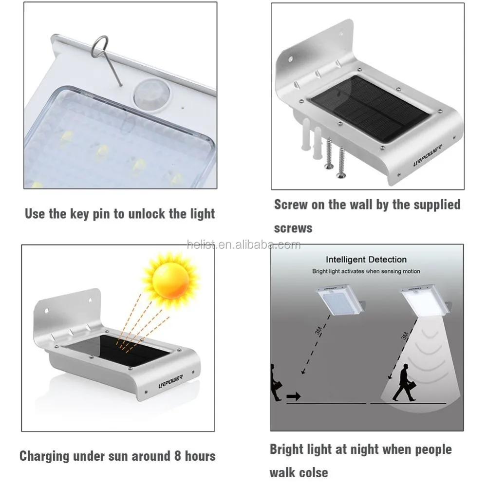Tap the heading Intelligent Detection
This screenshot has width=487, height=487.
pyautogui.click(x=366, y=260)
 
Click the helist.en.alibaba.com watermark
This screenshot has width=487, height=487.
pyautogui.click(x=243, y=244)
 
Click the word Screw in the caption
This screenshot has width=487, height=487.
pyautogui.click(x=291, y=204)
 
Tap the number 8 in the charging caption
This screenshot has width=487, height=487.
pyautogui.click(x=178, y=456)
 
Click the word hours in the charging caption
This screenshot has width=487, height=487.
pyautogui.click(x=200, y=456)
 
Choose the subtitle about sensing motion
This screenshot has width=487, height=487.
pyautogui.click(x=366, y=271)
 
